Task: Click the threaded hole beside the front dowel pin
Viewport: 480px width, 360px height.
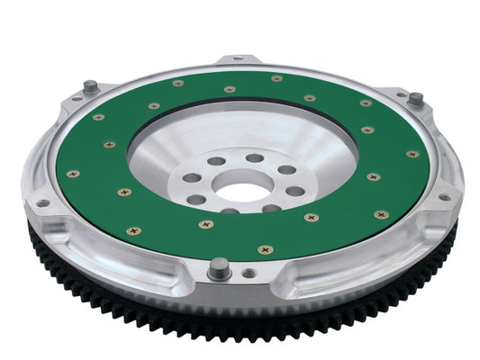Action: click(249, 272)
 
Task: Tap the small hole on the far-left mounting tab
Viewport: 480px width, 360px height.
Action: click(40, 202)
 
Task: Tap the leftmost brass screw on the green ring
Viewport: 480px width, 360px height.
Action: click(73, 173)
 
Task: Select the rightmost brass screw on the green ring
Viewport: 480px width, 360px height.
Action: click(412, 154)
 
